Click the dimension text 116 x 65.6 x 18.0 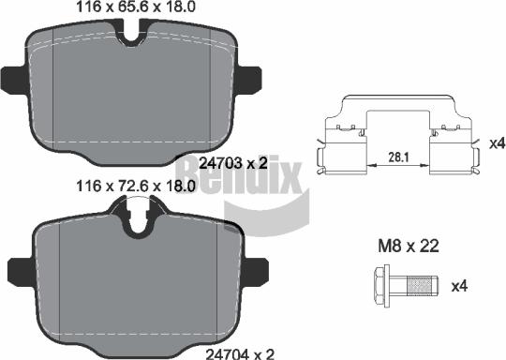click(x=136, y=7)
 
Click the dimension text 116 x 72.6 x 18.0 click(x=136, y=187)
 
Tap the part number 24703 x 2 click(x=233, y=163)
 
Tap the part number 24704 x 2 click(x=240, y=354)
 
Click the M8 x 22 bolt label click(x=409, y=247)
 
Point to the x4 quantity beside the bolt click(x=459, y=286)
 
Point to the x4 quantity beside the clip click(x=497, y=143)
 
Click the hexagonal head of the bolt click(x=381, y=286)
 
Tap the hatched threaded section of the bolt click(x=423, y=286)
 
